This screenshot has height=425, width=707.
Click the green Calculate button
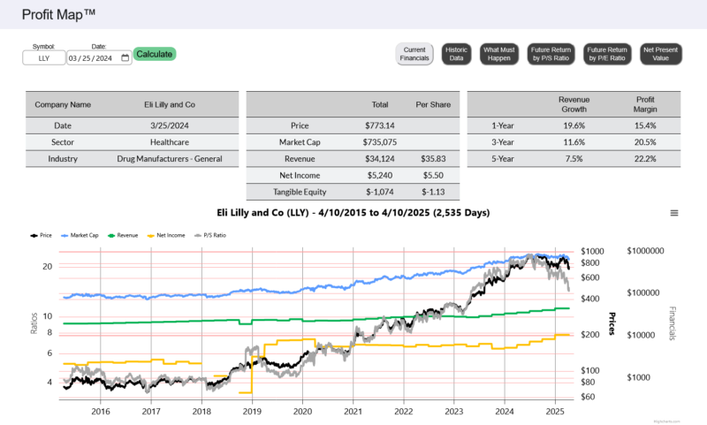155,54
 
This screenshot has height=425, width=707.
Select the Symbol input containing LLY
44,58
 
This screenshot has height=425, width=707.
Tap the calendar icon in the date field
125,58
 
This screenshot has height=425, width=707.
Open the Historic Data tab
456,54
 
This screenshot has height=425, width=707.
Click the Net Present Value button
661,54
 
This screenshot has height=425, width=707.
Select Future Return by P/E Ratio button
609,54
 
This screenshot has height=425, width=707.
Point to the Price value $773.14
381,125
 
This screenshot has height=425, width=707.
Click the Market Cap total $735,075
381,141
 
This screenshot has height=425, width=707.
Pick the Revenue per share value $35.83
433,158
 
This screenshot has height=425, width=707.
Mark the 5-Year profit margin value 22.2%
645,158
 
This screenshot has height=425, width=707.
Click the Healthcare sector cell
169,141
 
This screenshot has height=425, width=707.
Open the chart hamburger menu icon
674,213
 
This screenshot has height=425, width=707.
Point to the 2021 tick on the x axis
353,411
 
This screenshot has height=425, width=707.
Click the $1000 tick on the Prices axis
592,252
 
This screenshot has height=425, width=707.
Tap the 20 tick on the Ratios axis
48,266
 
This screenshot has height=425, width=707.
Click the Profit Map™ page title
59,14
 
